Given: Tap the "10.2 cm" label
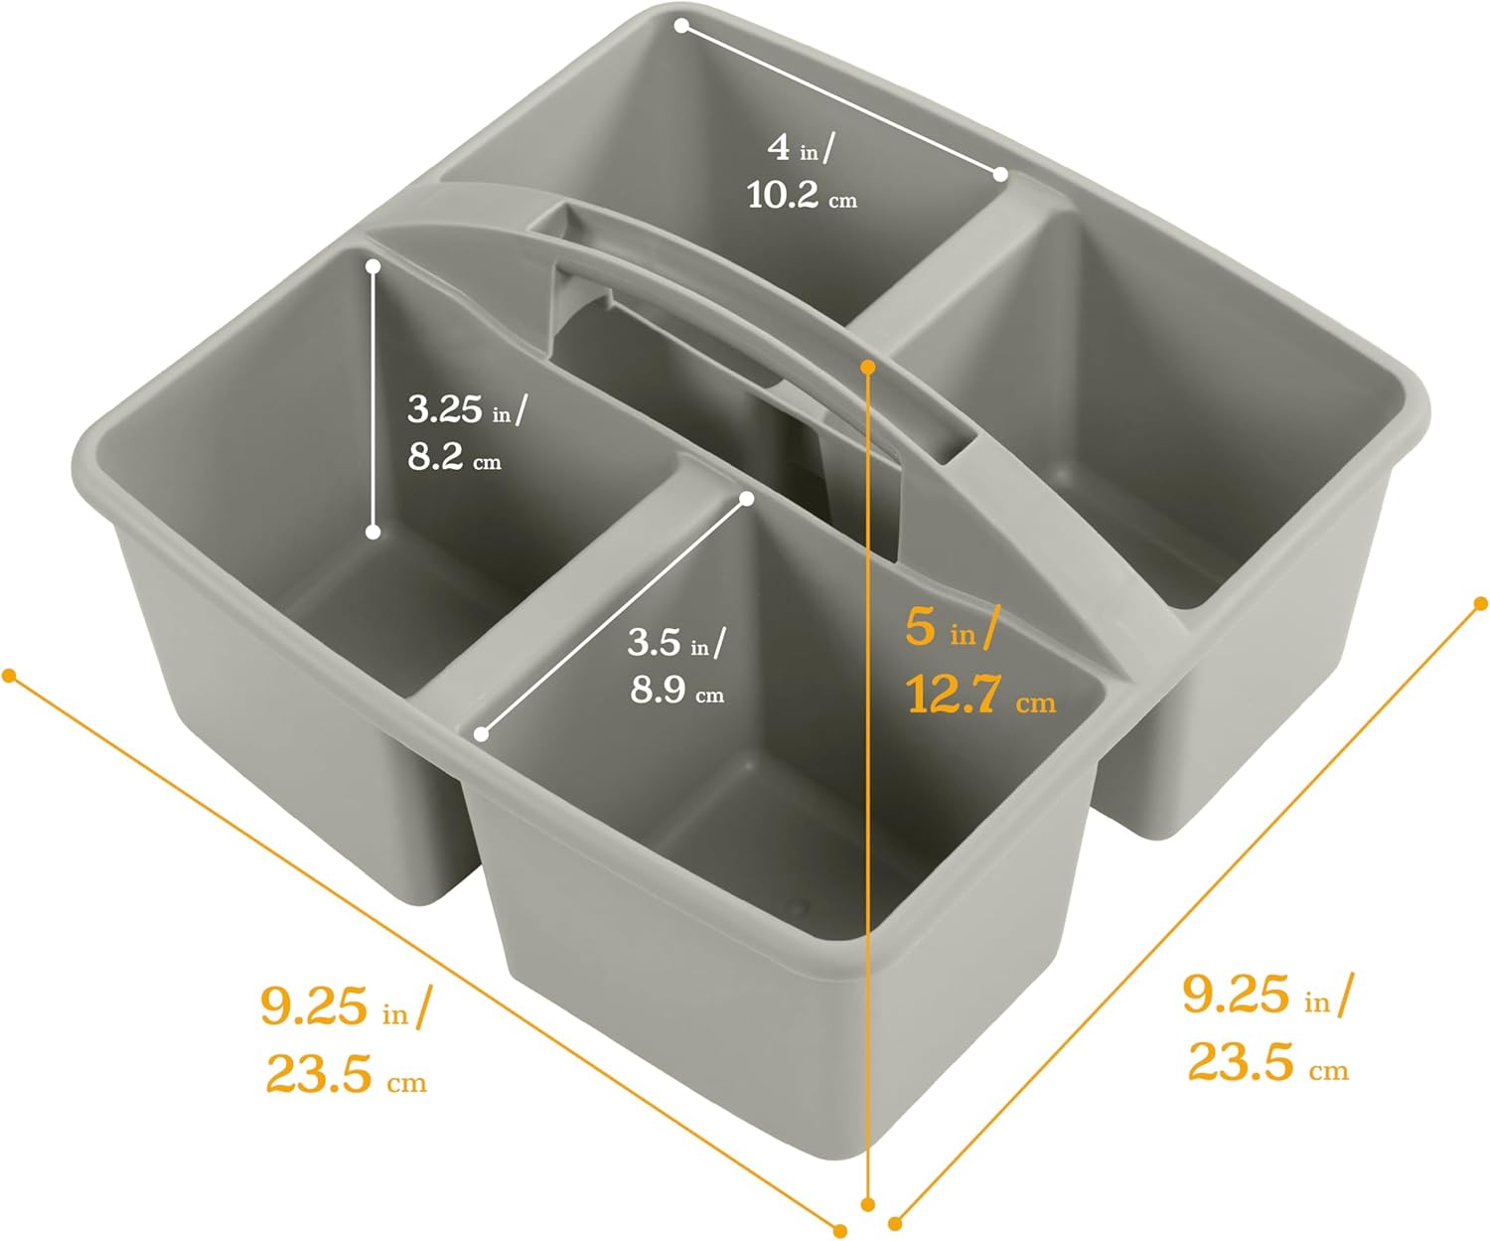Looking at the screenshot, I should coord(801,196).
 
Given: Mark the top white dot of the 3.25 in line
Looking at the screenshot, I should coord(373,266).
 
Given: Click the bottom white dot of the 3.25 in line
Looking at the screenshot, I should coord(373,533).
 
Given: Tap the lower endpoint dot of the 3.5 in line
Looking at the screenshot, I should coord(482,734).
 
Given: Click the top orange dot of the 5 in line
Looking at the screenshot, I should coord(868,367).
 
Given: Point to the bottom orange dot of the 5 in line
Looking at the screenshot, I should coord(868,1204).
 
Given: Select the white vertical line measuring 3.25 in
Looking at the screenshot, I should coord(373,397).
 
